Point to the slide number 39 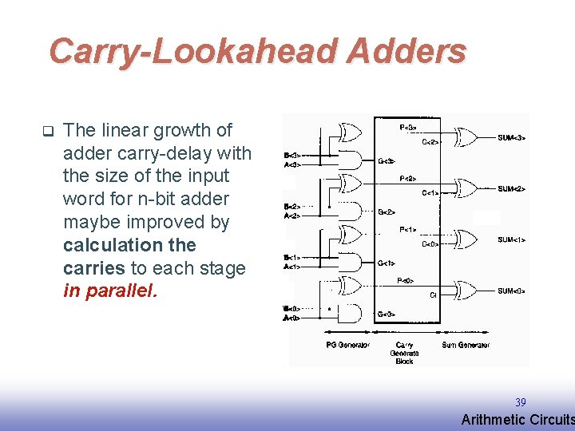pos(520,403)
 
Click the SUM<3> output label pos(511,138)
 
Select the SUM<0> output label pos(511,291)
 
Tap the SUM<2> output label pos(511,189)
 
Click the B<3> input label pos(292,155)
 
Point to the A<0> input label pos(292,318)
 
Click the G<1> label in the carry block pos(387,263)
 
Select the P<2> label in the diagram pos(406,179)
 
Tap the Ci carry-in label pos(432,295)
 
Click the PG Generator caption pos(347,345)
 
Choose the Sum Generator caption pos(466,345)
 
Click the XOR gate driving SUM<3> pos(465,136)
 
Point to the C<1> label pos(430,193)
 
